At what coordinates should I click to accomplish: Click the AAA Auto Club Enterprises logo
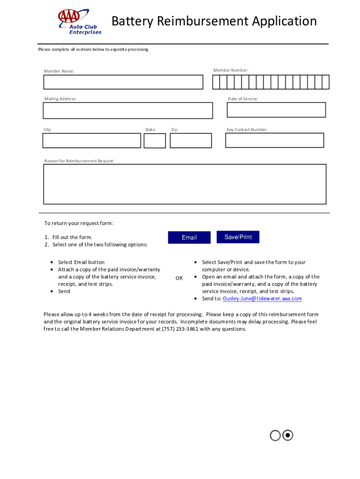coord(79,22)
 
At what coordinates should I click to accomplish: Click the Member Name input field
coord(123,82)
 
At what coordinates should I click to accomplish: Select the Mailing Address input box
coord(128,111)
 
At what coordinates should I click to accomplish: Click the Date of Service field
coord(276,110)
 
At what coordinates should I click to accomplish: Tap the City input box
coord(92,141)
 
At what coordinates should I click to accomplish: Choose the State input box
coord(155,141)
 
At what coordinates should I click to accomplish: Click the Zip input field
coord(191,141)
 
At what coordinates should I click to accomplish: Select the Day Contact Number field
coord(274,140)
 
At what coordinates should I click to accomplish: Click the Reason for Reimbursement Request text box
coord(185,184)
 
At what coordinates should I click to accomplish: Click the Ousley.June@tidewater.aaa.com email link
coord(262,298)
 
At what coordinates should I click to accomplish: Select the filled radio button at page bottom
coord(288,435)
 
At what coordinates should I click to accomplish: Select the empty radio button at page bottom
coord(275,435)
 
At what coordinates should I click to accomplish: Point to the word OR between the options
coord(179,278)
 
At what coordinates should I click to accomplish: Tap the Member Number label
coord(230,70)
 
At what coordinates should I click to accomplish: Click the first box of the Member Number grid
coord(216,82)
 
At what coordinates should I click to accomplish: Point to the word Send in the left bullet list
coord(64,291)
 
